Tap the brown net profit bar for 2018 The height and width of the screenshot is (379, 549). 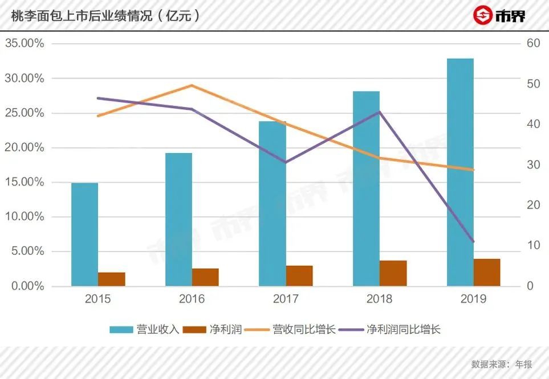click(x=393, y=273)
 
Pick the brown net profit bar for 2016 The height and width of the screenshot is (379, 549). click(x=205, y=277)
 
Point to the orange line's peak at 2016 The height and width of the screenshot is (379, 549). click(x=192, y=85)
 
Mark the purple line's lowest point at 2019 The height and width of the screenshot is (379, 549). click(x=473, y=242)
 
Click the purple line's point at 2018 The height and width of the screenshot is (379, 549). click(x=380, y=112)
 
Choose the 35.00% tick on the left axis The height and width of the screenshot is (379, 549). click(x=25, y=43)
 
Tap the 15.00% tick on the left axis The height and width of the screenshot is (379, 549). click(x=25, y=182)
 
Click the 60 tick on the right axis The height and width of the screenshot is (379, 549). click(x=533, y=43)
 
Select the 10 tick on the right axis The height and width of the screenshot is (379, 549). click(x=533, y=245)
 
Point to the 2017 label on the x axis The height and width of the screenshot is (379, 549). click(x=286, y=299)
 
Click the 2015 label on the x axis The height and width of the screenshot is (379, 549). click(x=97, y=299)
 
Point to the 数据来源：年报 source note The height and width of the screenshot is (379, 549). click(x=502, y=364)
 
